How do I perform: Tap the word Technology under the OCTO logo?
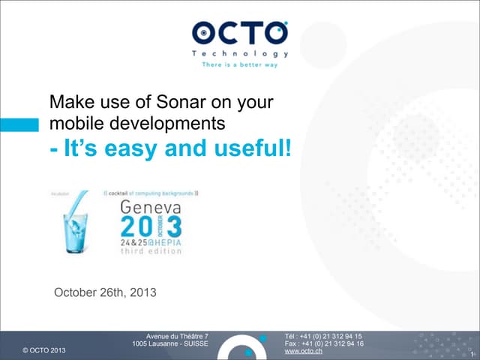pos(240,54)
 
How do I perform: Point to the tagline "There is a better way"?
pos(240,64)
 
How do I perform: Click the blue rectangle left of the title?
pos(19,124)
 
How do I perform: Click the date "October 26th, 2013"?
pos(105,292)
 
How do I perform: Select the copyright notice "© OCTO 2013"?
pos(44,350)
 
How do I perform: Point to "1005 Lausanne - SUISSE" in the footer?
pos(169,343)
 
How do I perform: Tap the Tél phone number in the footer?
pos(324,336)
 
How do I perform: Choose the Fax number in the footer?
pos(324,343)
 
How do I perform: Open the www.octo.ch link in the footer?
pos(304,351)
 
